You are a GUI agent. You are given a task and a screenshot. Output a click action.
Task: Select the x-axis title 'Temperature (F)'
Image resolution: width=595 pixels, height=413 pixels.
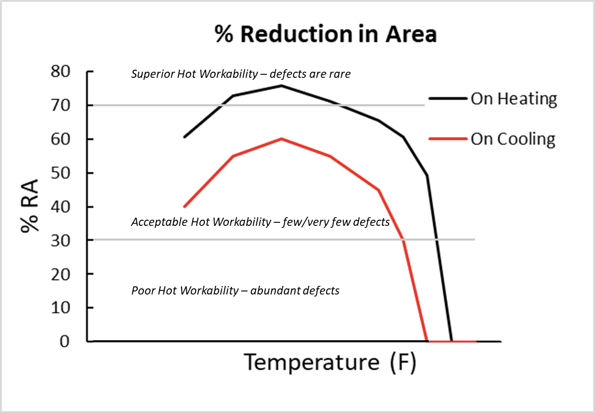[x=331, y=363]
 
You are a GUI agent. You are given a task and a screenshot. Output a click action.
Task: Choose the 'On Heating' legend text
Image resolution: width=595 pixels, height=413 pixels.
[x=514, y=99]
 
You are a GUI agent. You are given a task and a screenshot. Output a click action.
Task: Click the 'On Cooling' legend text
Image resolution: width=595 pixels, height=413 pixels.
[x=513, y=139]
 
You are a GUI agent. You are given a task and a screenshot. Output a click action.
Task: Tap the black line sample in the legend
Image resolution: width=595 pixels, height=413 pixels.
[x=448, y=99]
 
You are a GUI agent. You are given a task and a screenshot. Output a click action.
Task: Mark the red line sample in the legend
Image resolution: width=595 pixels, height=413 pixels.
[x=448, y=138]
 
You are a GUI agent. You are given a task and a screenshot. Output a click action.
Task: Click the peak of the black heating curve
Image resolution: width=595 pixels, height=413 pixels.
[x=281, y=85]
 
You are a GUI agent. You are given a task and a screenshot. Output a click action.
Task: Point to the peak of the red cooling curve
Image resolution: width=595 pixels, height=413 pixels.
[x=281, y=139]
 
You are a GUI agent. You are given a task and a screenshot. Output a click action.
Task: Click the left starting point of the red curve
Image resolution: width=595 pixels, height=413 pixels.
[x=184, y=206]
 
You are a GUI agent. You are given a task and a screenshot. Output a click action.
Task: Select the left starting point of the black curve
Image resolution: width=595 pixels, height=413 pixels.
[x=184, y=137]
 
